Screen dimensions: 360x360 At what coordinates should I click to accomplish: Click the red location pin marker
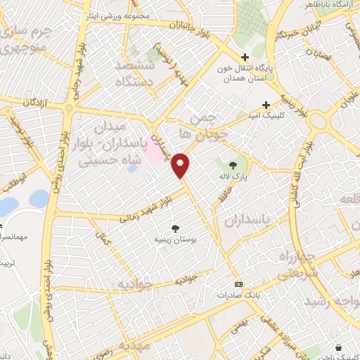click(181, 165)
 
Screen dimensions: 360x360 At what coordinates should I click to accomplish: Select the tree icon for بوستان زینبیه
click(174, 228)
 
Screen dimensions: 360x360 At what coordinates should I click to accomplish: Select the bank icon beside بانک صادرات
click(238, 284)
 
